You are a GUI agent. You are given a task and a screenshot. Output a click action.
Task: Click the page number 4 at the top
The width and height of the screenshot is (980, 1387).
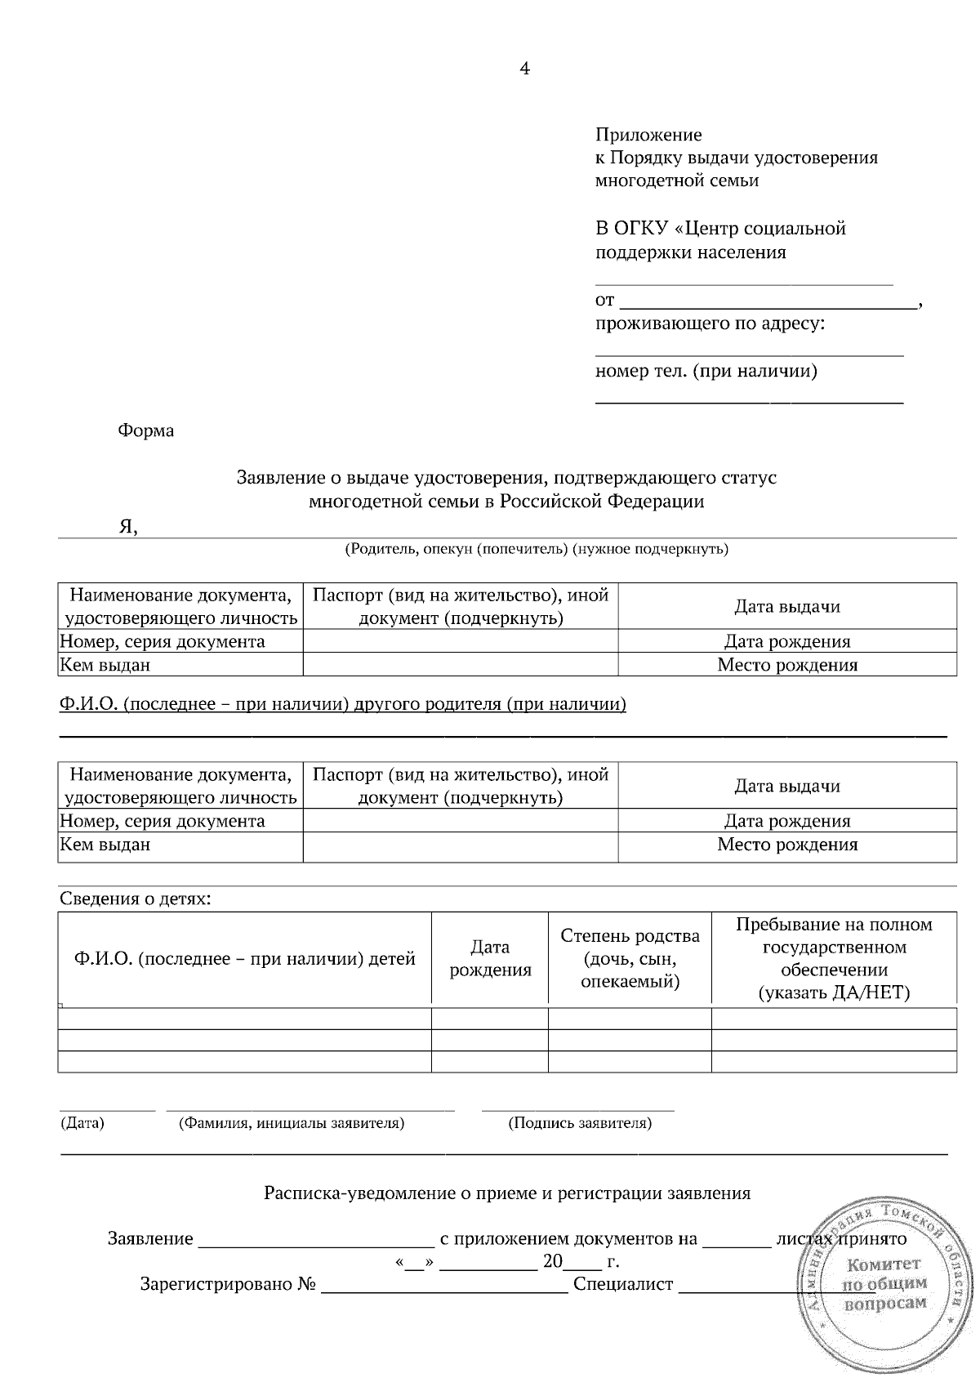point(524,69)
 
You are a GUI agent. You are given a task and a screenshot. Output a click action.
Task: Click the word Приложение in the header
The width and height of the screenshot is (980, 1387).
point(648,135)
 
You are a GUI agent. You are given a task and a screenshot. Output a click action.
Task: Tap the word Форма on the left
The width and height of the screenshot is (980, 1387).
point(146,430)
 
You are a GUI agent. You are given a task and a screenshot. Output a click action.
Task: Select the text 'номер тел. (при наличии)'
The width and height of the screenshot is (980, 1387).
point(706,372)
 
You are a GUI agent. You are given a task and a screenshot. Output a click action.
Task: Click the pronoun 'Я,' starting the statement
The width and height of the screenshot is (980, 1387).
point(128,527)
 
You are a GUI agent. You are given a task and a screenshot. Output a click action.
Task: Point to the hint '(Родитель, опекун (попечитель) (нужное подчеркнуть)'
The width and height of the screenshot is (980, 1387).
point(536,549)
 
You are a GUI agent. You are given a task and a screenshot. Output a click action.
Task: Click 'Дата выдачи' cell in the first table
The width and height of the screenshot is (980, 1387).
point(786,606)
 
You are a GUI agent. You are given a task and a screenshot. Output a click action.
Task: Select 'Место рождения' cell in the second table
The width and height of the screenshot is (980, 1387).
point(786,845)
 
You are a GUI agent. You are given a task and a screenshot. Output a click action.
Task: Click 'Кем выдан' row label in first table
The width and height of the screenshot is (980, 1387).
point(106,665)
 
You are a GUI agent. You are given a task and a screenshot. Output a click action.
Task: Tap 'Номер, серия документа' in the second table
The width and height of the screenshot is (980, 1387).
point(163,821)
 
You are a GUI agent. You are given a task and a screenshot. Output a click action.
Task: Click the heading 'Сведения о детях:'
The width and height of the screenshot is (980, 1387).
point(135,899)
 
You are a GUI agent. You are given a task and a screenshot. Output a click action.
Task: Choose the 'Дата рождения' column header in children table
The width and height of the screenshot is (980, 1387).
point(490,958)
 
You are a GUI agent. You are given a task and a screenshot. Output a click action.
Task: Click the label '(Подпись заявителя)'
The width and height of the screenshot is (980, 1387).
point(579,1123)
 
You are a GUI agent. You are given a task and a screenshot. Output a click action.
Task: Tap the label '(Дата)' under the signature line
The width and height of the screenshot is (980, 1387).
point(82,1123)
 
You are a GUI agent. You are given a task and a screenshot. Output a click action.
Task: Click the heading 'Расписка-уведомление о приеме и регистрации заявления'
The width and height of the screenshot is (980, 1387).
point(506,1193)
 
